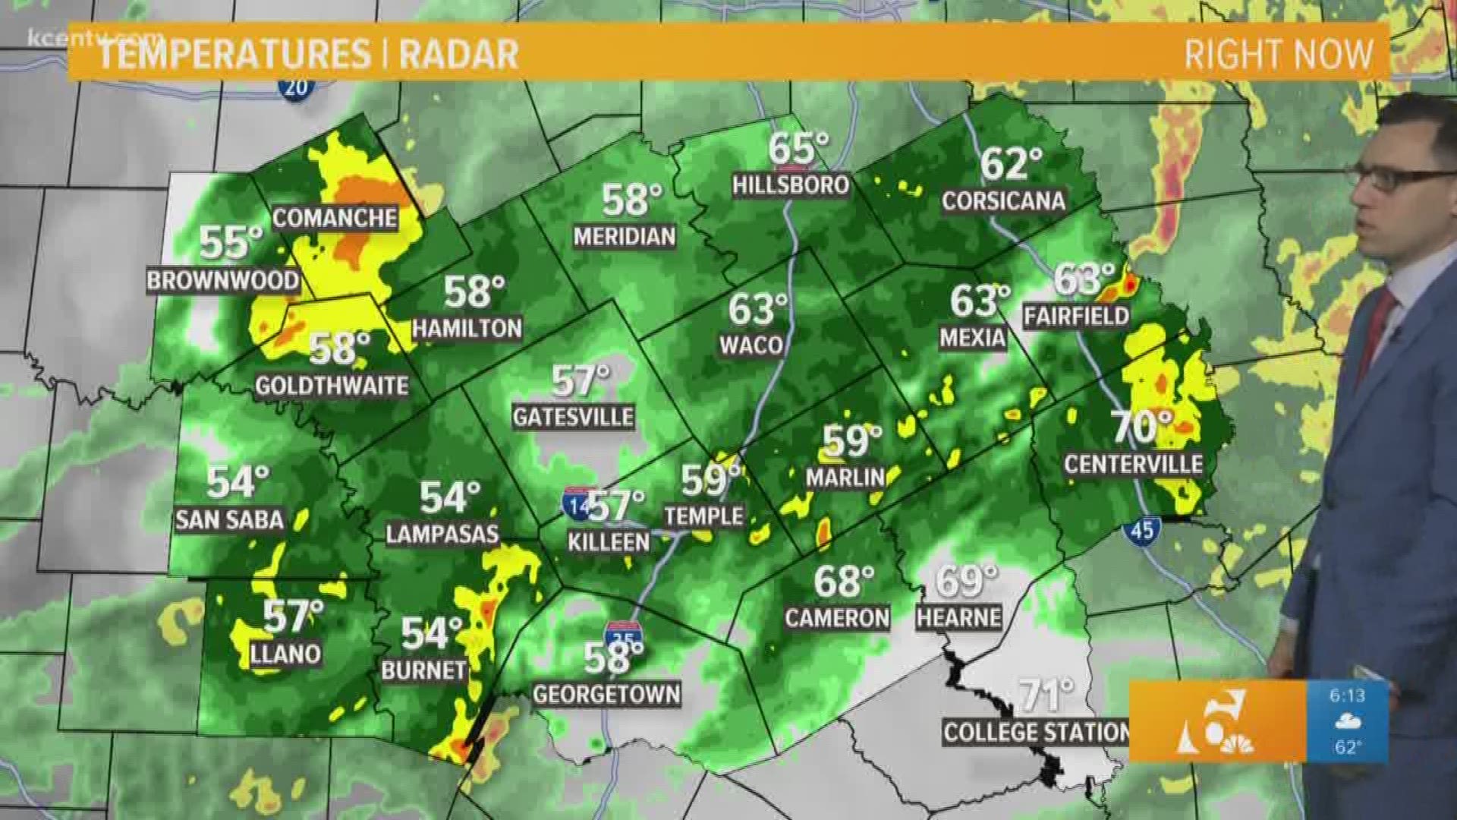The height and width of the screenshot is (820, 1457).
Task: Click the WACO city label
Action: tap(751, 345)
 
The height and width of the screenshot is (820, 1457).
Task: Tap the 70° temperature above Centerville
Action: tap(1142, 427)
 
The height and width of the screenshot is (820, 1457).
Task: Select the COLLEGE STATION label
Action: tap(1036, 733)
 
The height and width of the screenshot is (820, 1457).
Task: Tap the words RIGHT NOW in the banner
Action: tap(1279, 55)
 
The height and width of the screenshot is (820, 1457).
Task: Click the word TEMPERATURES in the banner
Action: tap(234, 55)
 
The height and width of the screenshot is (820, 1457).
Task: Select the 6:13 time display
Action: tap(1347, 695)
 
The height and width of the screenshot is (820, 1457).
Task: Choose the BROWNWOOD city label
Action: tap(222, 281)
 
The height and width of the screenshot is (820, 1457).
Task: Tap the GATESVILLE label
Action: tap(573, 417)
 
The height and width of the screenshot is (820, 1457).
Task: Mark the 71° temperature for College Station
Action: tap(1046, 695)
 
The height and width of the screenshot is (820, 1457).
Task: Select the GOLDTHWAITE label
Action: tap(332, 386)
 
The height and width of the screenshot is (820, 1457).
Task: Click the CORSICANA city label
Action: tap(1003, 200)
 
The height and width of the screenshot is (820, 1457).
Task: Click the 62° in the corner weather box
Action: tap(1347, 747)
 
